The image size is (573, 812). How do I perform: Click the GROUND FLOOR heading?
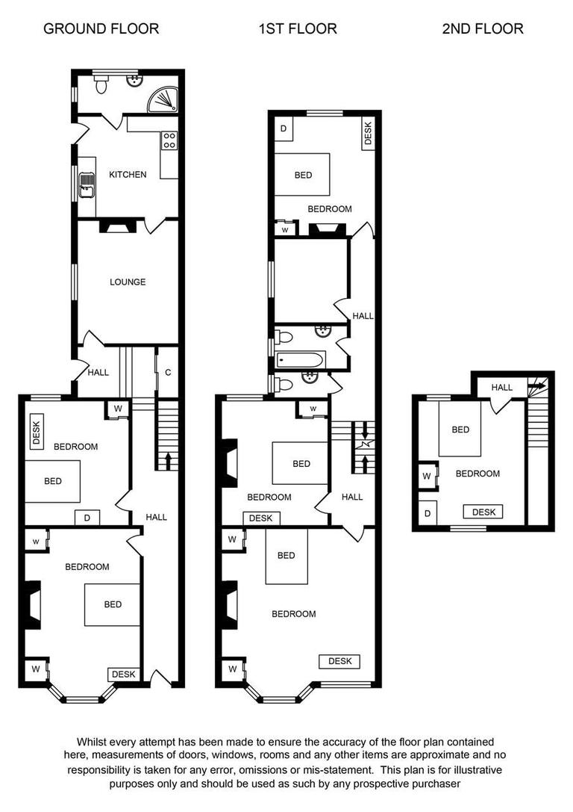(101, 29)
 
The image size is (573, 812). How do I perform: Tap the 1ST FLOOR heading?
(298, 29)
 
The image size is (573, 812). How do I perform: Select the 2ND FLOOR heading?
(483, 29)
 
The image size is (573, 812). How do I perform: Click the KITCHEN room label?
(128, 175)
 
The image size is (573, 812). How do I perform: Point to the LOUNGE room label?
(128, 282)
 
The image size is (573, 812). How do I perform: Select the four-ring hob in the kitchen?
(169, 140)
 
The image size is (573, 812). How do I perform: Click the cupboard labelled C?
(168, 372)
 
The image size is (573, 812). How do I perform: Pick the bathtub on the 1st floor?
(300, 360)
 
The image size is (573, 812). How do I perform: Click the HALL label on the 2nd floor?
(502, 388)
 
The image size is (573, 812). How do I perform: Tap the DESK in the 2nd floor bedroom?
(483, 512)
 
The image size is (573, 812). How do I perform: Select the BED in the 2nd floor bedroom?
(460, 430)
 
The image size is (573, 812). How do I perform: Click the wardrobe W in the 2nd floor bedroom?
(427, 476)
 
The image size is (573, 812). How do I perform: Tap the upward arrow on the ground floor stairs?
(167, 458)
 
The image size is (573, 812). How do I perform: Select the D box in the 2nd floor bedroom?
(427, 514)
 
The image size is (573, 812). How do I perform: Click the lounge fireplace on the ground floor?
(114, 226)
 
